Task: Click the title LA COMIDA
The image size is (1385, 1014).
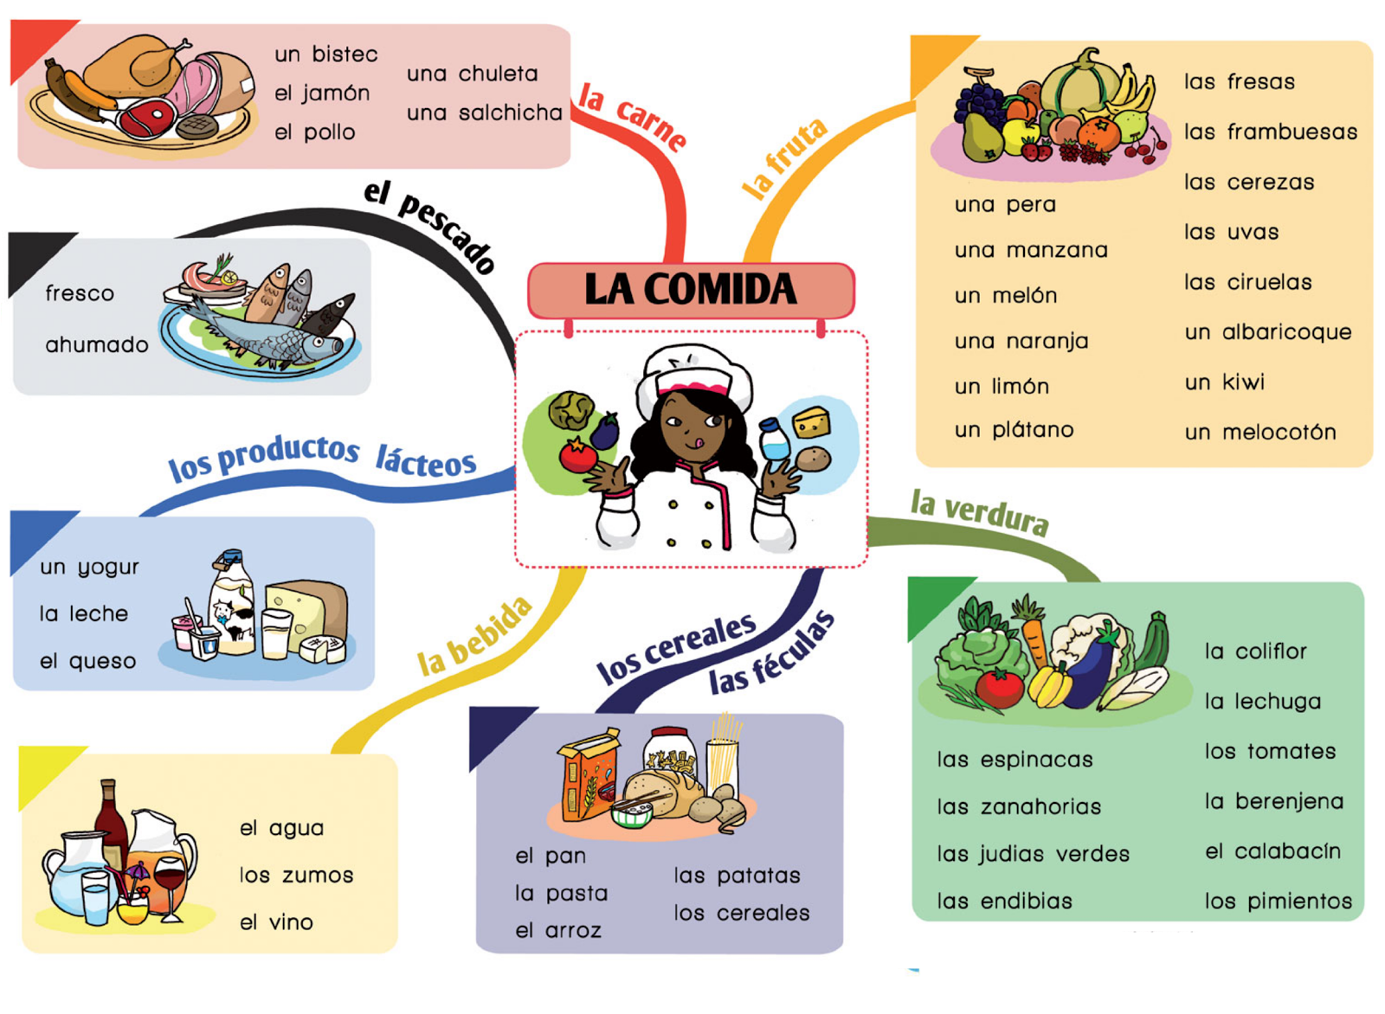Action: tap(691, 289)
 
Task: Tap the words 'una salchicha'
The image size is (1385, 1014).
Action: tap(485, 112)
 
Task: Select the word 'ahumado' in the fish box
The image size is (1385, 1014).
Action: tap(97, 344)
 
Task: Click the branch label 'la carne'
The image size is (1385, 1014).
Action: tap(633, 118)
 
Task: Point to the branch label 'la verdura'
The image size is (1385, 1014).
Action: tap(979, 513)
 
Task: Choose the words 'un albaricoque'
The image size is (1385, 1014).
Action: tap(1268, 332)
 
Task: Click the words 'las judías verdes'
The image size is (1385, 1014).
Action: tap(1034, 854)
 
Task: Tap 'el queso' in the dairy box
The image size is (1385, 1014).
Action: tap(87, 661)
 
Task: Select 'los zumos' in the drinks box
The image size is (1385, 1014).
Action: tap(297, 875)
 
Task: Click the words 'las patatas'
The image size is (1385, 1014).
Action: tap(737, 876)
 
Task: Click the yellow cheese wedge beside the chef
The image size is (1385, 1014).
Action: tap(811, 422)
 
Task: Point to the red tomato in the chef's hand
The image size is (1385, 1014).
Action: tap(578, 455)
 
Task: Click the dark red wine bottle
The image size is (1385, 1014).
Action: tap(112, 825)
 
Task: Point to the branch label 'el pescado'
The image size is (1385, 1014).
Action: tap(429, 226)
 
